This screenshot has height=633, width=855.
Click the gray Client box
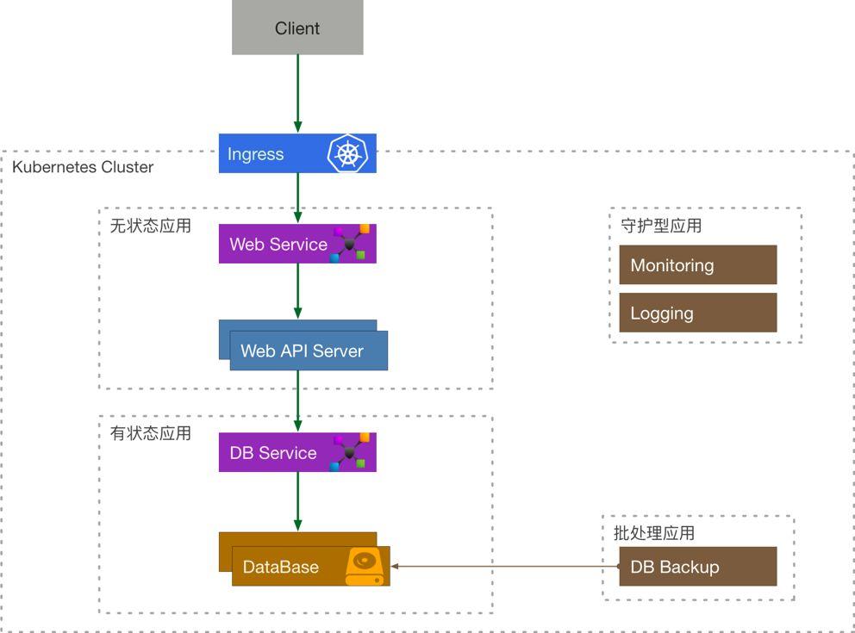pos(297,28)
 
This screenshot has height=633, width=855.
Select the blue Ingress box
pos(267,154)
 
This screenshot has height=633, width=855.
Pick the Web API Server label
pos(302,351)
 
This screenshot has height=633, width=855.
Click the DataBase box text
pos(281,568)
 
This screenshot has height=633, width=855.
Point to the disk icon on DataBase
pos(364,568)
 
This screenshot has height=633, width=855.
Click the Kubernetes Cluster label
pos(83,167)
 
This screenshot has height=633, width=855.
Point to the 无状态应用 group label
pos(151,227)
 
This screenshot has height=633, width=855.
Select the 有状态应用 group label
pos(151,433)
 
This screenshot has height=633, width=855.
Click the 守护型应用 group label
pos(661,227)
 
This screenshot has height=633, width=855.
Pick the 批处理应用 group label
pos(654,533)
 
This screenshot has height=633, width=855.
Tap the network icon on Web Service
pos(351,244)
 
